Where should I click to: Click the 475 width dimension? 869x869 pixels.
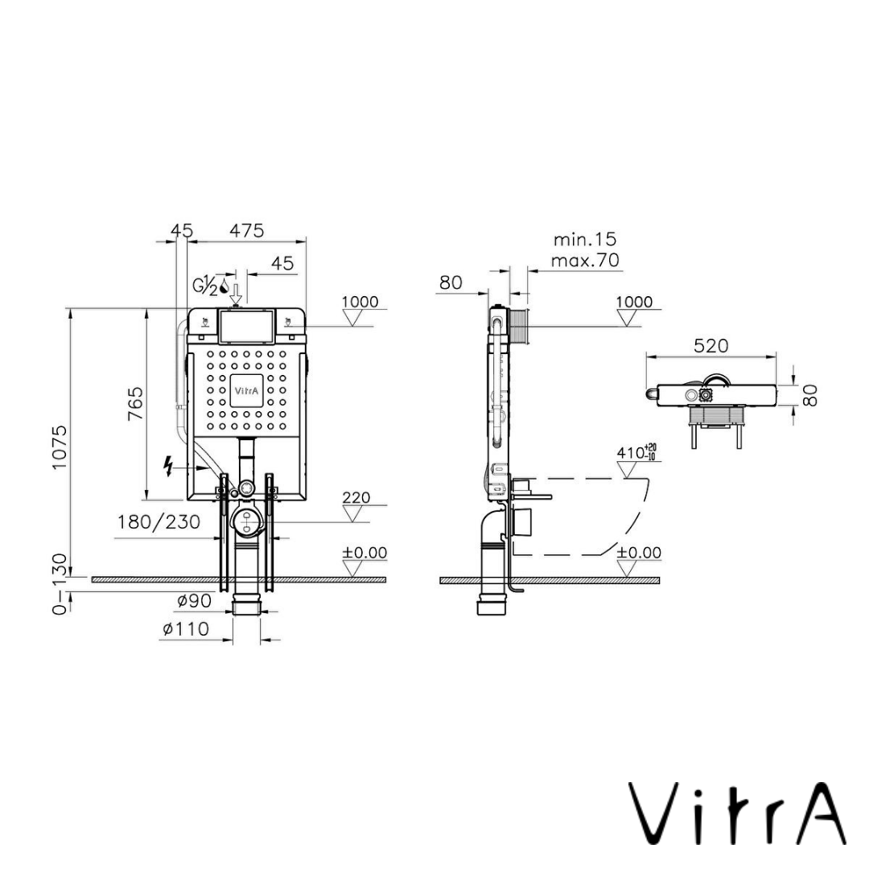coord(246,230)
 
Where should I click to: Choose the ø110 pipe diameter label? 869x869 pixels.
coord(185,629)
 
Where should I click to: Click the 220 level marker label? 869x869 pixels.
coord(356,497)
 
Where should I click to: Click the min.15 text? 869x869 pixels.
coord(584,240)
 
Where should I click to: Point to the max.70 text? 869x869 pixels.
coord(585,260)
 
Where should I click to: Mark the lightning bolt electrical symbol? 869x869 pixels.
coord(169,465)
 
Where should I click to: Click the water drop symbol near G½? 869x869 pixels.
coord(224,286)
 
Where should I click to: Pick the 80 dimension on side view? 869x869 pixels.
coord(451,282)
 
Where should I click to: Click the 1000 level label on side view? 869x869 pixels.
coord(634,302)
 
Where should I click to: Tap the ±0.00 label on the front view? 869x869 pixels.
coord(364,553)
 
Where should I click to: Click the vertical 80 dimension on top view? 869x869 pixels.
coord(811,394)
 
